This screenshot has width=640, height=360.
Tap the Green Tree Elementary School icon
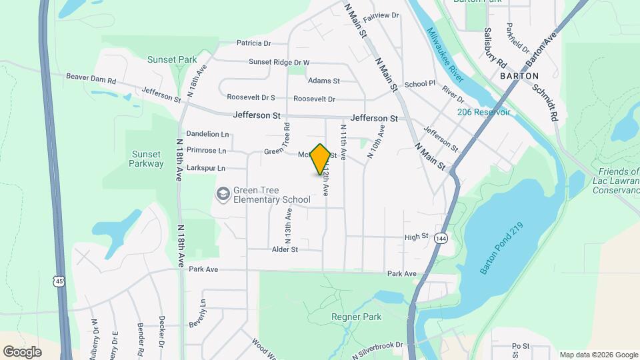pos(223,193)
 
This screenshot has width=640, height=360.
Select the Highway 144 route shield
pos(441,238)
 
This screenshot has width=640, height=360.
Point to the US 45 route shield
pos(60,282)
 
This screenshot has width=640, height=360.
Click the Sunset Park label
pos(173,59)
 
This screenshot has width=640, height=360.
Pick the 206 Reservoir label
pos(483,112)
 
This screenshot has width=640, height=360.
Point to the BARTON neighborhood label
pos(519,76)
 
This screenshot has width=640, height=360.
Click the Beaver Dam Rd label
pos(91,77)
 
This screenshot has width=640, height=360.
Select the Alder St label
pos(284,249)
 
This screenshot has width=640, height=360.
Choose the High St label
pos(415,237)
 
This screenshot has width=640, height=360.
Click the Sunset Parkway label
pos(147,159)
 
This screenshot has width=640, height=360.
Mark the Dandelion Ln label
pos(207,134)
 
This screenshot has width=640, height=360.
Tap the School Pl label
pos(419,84)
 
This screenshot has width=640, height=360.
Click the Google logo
pos(22,352)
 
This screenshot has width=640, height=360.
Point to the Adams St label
pos(324,81)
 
